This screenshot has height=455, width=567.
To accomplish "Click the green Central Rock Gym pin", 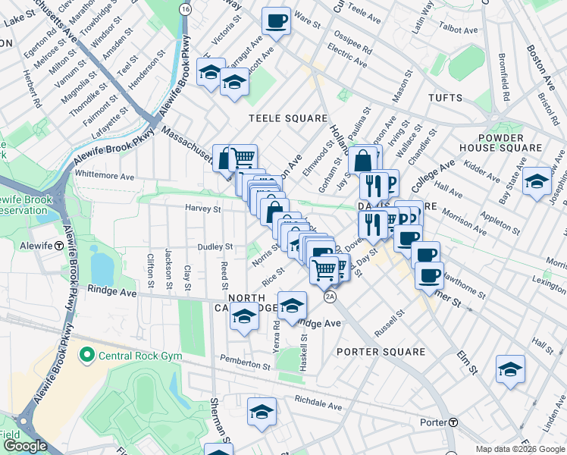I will (87, 354).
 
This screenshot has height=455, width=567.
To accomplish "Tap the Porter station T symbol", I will (453, 422).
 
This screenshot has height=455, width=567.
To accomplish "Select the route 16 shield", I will (185, 8).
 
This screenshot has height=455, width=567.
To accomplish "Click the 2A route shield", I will (330, 297).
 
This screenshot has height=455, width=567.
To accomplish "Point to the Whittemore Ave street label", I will (105, 175).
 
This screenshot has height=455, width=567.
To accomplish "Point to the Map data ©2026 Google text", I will (519, 449).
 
